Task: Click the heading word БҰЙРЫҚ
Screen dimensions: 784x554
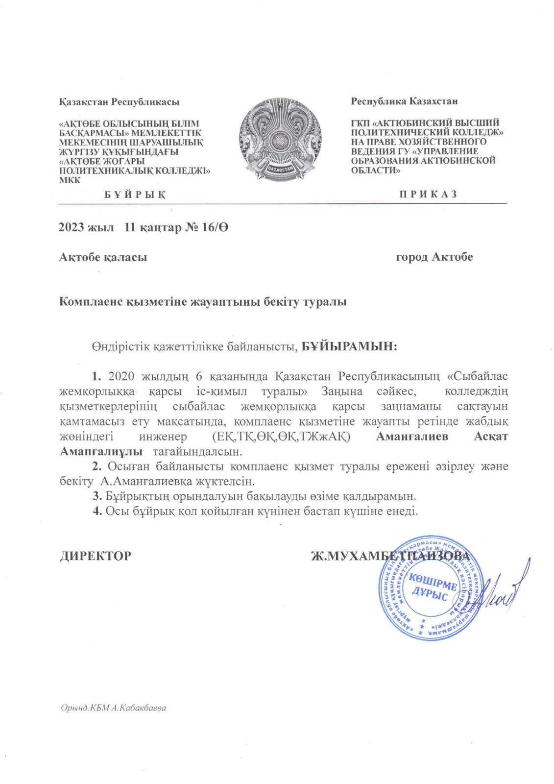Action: tap(135, 195)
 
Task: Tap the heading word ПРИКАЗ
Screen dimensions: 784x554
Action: tap(428, 194)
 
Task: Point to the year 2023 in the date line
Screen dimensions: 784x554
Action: tap(71, 228)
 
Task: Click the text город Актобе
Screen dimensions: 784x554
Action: tap(434, 257)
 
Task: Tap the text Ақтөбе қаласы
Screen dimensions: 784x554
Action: tap(103, 257)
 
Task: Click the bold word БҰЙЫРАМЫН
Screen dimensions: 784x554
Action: tap(348, 346)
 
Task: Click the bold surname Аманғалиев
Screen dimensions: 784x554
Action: tap(411, 437)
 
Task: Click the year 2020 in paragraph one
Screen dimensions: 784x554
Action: tap(121, 376)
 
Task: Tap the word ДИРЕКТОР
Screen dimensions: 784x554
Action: tap(96, 556)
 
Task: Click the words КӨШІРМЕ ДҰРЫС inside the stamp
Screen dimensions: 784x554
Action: tap(431, 588)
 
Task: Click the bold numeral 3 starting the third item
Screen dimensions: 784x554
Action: tap(96, 496)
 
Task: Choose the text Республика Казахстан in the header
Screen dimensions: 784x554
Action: tap(404, 101)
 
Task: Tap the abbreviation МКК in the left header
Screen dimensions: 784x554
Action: tap(70, 180)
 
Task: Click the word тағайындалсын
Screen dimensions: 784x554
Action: tap(197, 451)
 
